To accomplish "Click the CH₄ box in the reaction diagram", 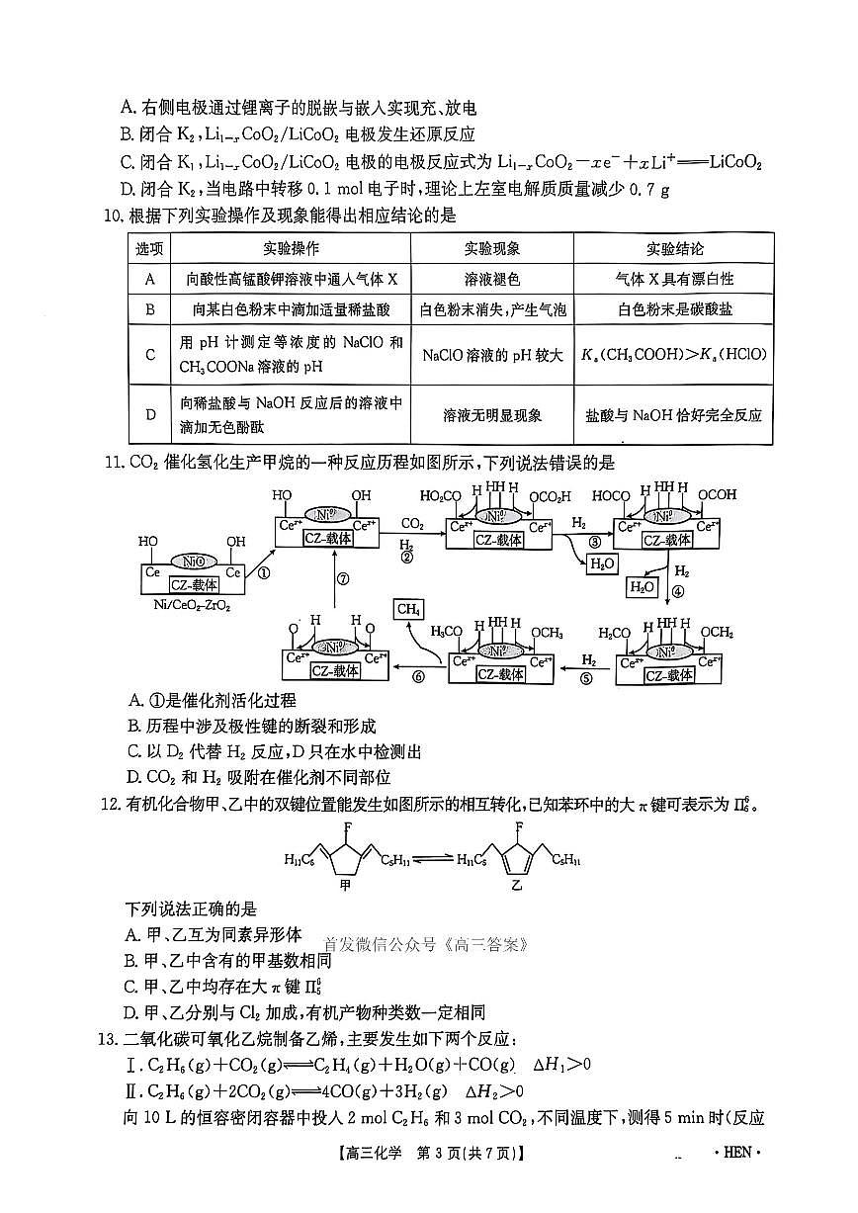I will coord(407,610).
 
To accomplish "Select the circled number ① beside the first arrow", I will coord(264,571).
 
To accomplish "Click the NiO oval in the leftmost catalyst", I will coord(193,560).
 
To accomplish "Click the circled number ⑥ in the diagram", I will coord(417,676).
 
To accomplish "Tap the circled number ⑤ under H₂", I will coord(585,678).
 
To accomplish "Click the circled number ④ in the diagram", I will coord(678,593).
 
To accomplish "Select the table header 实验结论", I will coord(674,249).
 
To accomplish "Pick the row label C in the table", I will coord(150,354).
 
